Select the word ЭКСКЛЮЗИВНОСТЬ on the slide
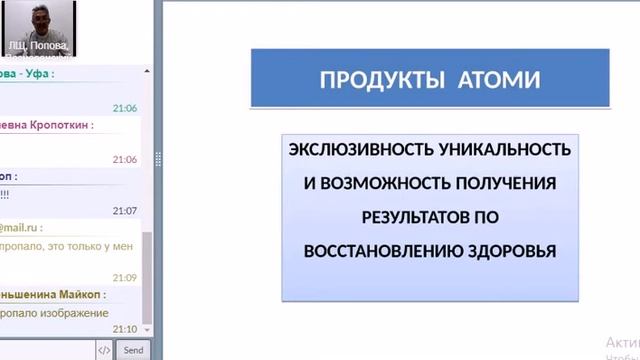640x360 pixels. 362,150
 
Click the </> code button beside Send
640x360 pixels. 104,350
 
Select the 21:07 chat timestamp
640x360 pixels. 125,211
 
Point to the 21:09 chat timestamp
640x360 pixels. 125,277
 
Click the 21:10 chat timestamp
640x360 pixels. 125,329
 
